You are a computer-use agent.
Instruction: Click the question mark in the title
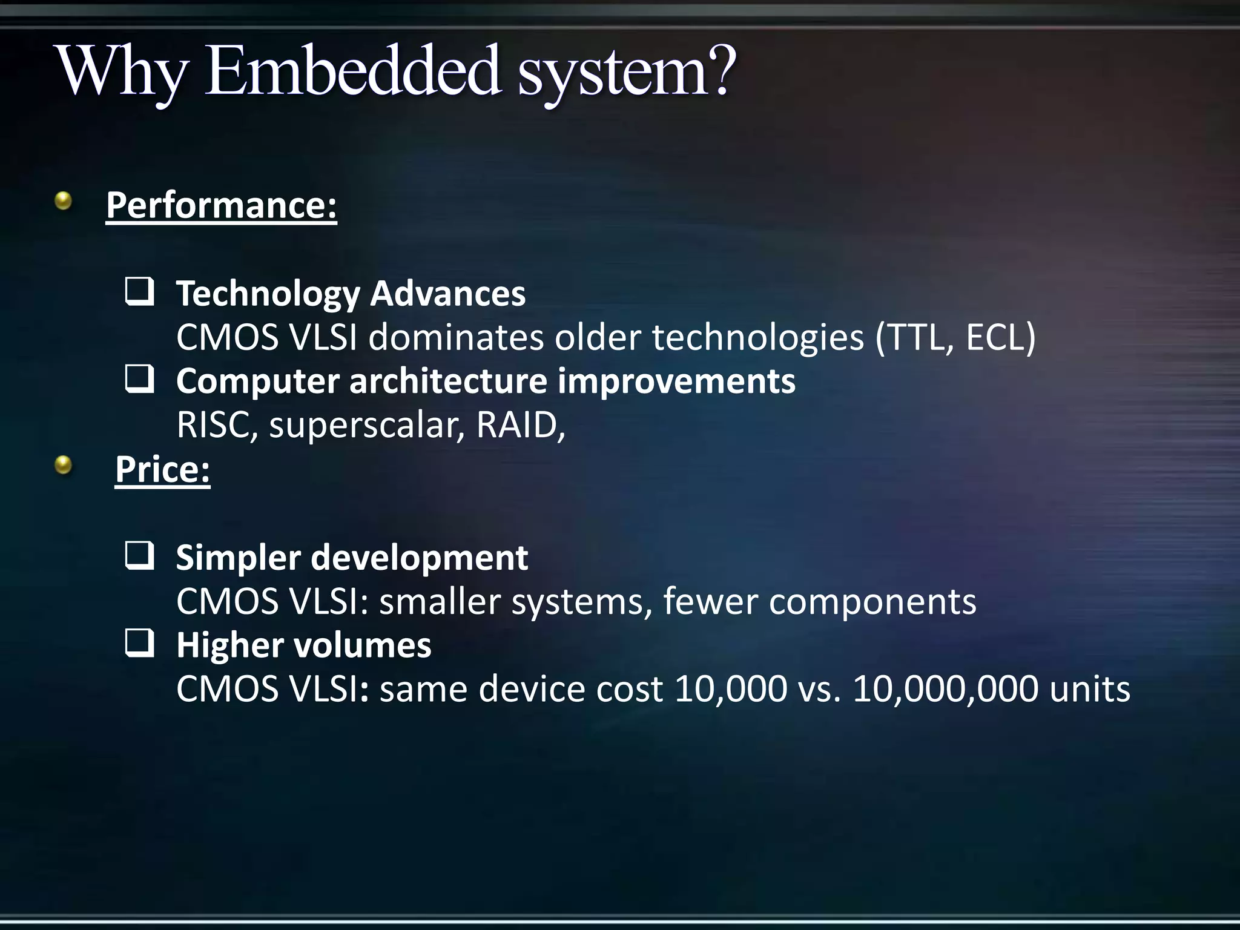[720, 71]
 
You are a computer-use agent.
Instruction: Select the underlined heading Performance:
[221, 206]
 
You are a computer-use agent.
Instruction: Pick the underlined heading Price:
[162, 469]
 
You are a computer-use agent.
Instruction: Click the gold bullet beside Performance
[63, 200]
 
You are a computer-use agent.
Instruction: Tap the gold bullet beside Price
[63, 465]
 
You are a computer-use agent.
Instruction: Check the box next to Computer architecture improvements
[139, 380]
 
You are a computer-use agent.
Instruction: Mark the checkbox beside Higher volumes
[139, 644]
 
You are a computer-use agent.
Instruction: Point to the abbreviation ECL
[994, 337]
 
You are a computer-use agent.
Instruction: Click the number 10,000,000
[945, 689]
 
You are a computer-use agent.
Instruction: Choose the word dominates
[456, 337]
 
